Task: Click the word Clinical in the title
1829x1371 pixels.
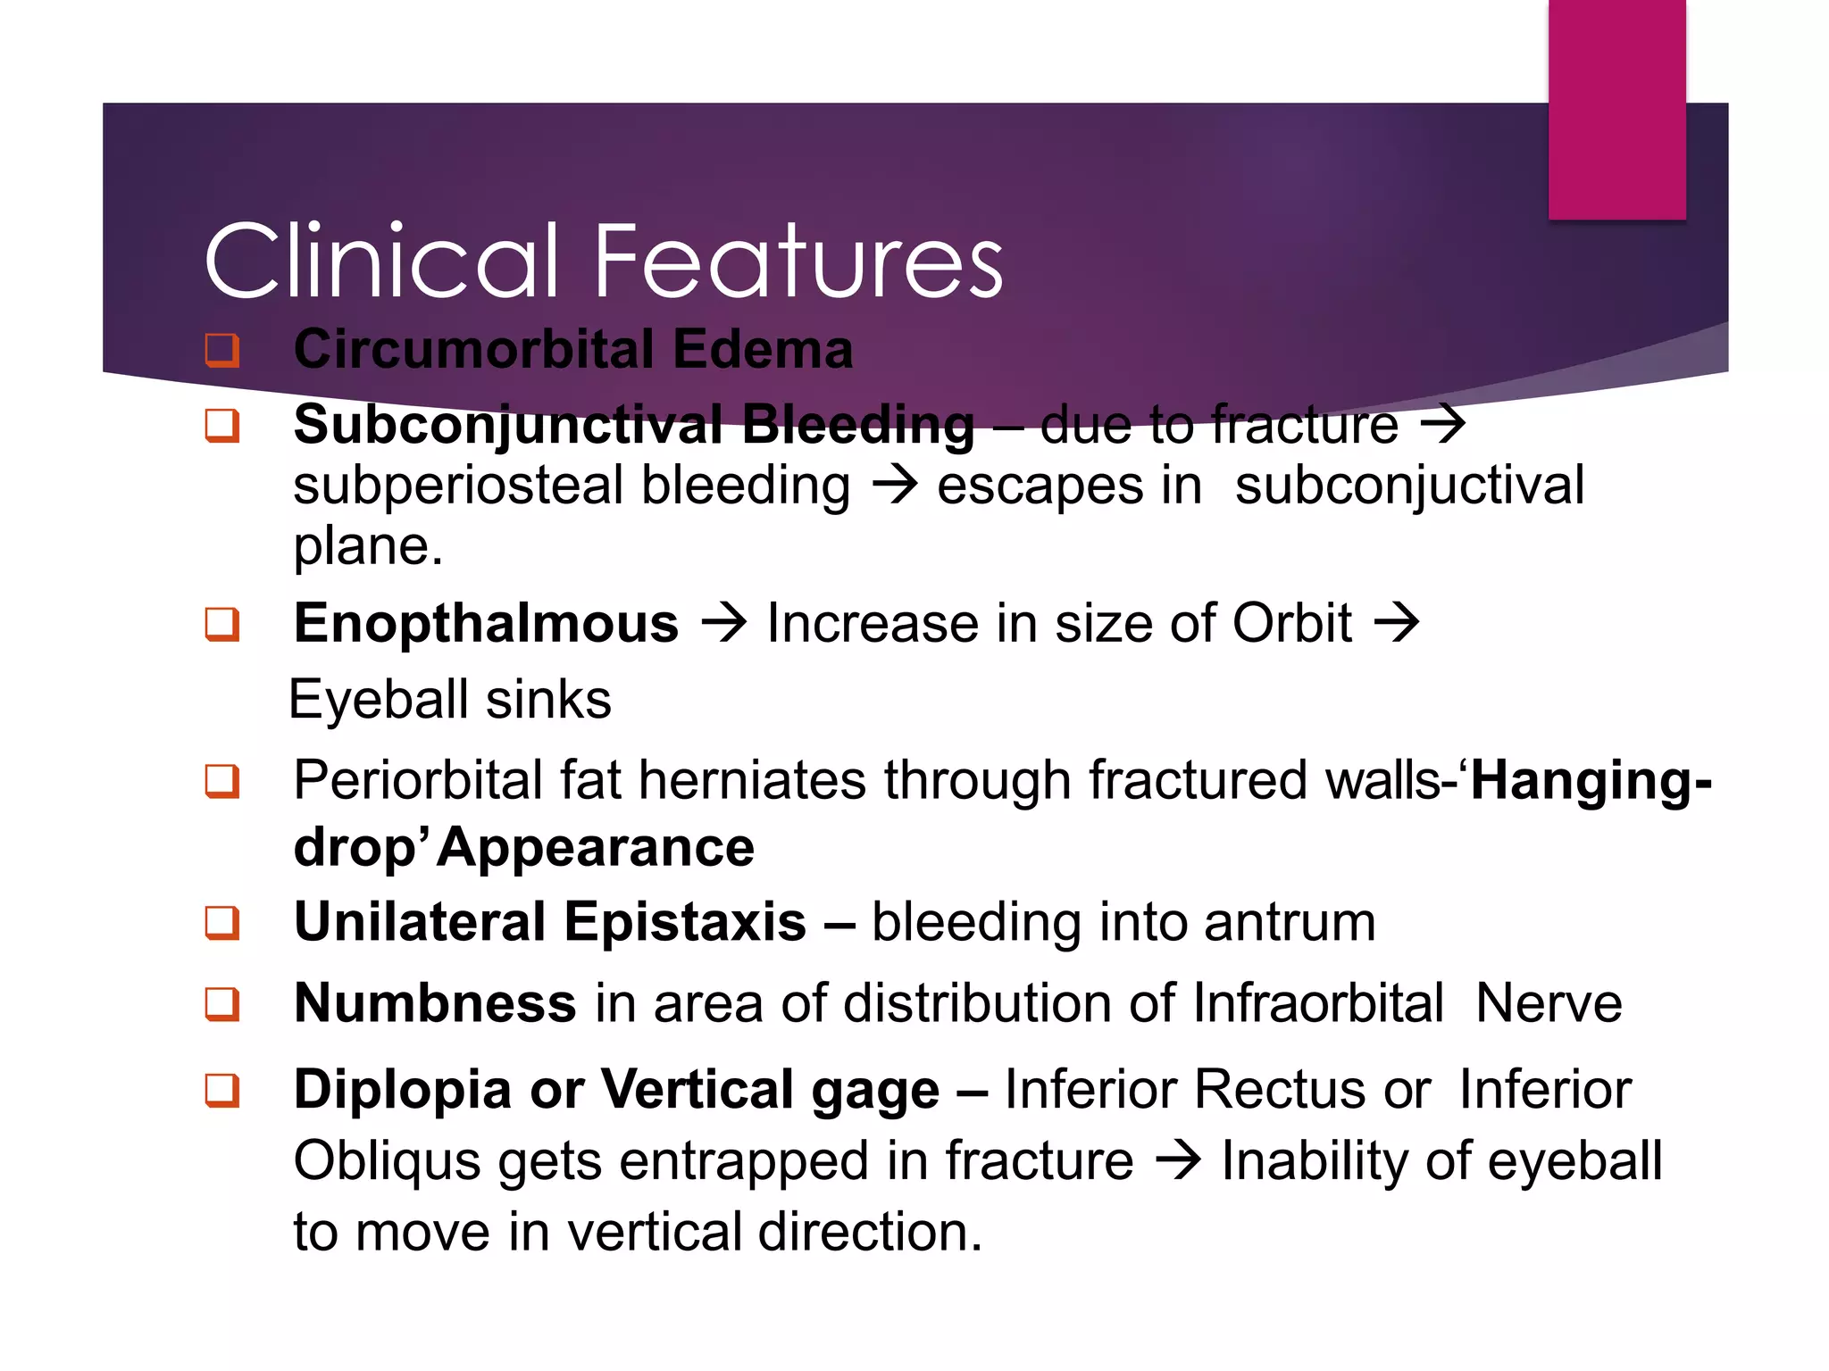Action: click(381, 261)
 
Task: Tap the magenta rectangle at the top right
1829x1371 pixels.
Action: click(1616, 109)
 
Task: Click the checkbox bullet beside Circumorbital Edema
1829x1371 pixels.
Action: click(222, 349)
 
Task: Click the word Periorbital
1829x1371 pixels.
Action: click(418, 779)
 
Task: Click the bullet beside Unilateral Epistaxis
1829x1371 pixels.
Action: click(222, 922)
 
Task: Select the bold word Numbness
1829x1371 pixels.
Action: click(435, 1002)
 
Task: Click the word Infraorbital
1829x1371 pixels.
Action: click(1317, 1002)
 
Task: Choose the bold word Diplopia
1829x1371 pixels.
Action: click(403, 1089)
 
